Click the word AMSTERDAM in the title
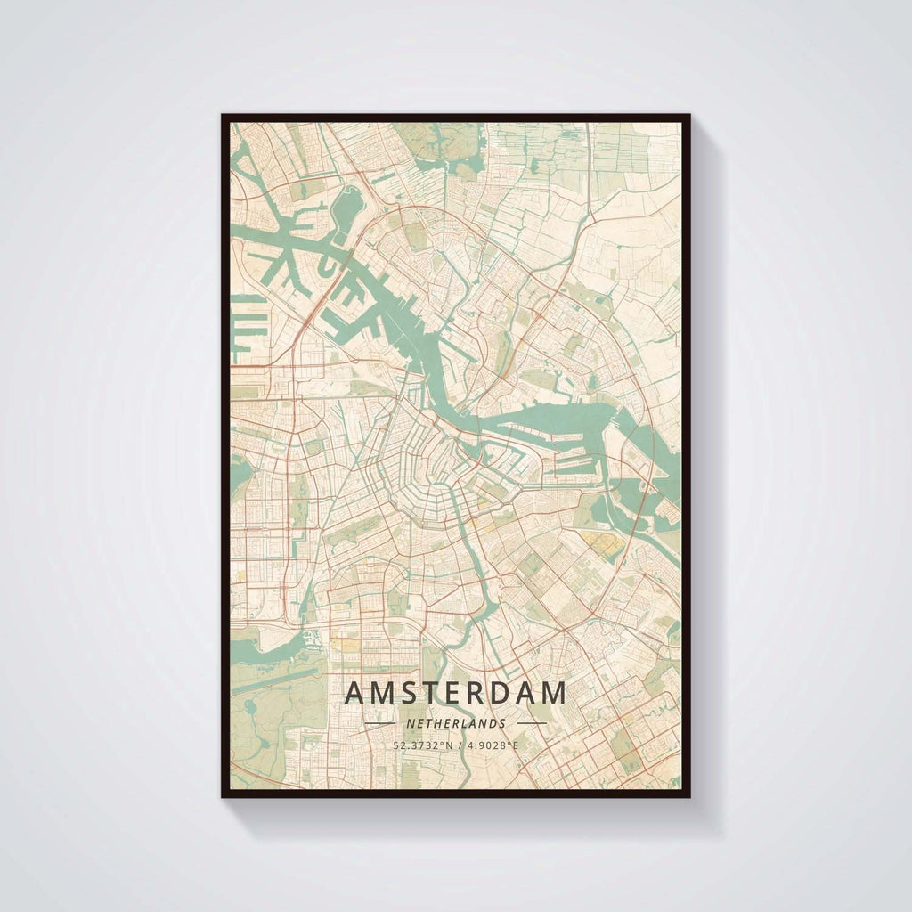pos(455,693)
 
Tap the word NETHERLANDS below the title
pos(455,724)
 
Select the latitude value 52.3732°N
pos(422,745)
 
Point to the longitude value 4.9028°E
pos(489,745)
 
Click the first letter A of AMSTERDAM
pos(354,693)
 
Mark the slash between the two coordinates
pos(456,745)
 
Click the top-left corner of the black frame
pos(224,116)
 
